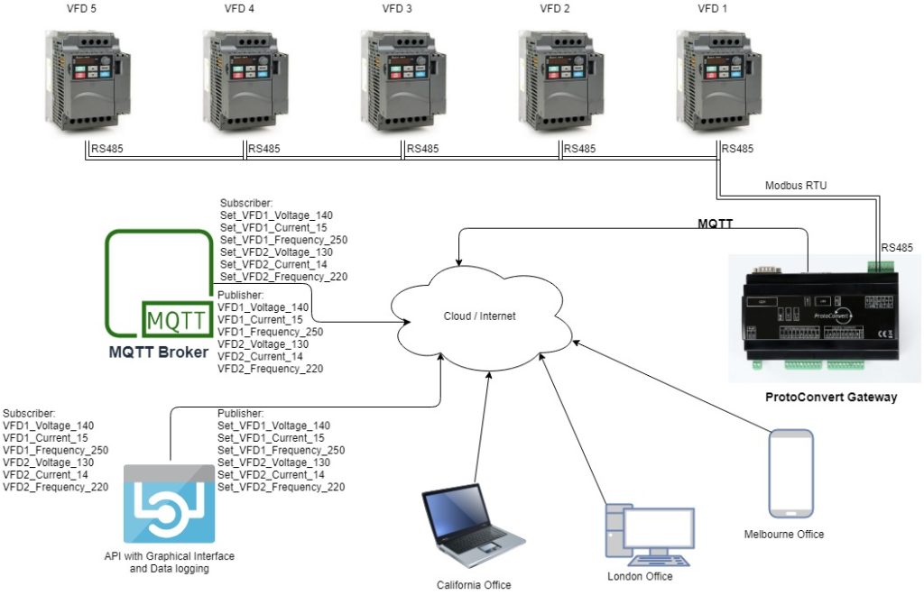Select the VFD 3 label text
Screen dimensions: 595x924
(397, 10)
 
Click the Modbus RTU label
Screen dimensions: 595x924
(795, 185)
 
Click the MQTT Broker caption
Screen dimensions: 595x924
(160, 351)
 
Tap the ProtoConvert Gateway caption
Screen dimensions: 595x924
(830, 397)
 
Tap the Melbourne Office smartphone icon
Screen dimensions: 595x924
(790, 474)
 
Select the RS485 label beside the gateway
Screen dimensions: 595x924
(897, 246)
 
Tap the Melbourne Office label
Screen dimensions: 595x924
(783, 535)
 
